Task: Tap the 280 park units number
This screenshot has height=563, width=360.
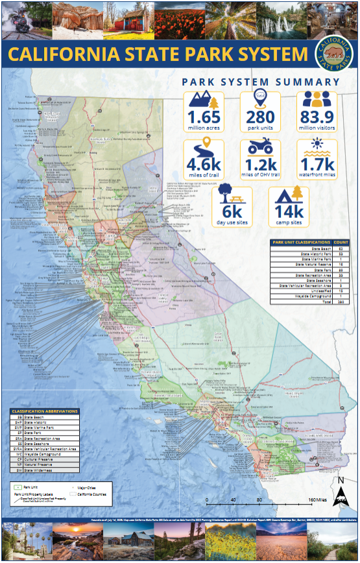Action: click(x=260, y=117)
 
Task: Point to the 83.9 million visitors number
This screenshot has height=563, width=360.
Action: click(x=317, y=117)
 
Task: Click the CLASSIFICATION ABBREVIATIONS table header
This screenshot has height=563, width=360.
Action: click(x=44, y=411)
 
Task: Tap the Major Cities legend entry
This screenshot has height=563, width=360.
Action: click(x=91, y=486)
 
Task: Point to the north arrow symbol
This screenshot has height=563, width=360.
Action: click(x=340, y=495)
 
